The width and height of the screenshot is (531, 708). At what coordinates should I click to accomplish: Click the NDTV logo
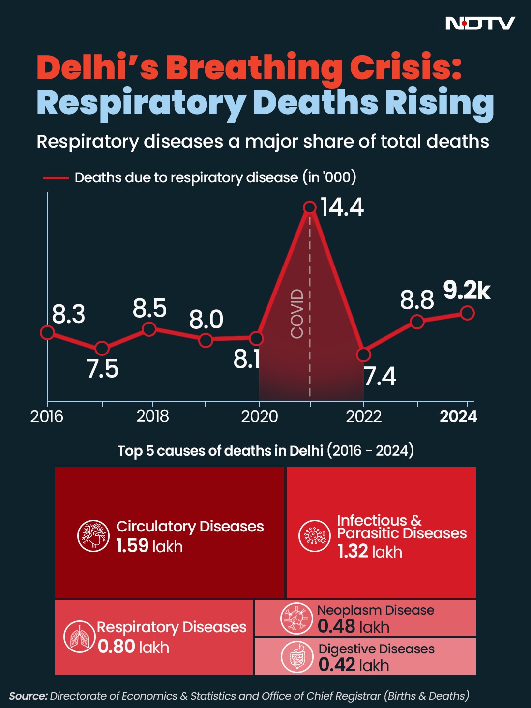[x=480, y=23]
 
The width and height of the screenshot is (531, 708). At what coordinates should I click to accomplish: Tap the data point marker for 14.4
[x=310, y=207]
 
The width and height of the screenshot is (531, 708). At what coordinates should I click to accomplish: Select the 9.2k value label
[x=467, y=291]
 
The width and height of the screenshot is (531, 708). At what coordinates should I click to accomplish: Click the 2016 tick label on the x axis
[x=47, y=416]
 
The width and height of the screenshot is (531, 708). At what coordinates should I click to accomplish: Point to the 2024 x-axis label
[x=458, y=416]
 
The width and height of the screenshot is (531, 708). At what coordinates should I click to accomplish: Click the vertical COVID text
[x=297, y=314]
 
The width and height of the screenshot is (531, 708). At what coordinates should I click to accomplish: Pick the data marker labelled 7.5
[x=102, y=349]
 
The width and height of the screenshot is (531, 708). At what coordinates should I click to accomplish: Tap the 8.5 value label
[x=149, y=309]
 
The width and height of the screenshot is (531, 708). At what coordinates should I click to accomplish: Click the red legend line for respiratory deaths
[x=56, y=177]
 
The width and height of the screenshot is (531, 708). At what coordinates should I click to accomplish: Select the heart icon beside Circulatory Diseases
[x=93, y=535]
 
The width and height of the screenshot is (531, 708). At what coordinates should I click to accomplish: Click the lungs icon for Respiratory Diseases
[x=80, y=637]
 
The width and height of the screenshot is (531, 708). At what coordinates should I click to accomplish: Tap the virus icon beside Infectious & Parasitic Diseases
[x=315, y=535]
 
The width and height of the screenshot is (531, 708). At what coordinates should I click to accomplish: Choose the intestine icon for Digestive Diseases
[x=297, y=656]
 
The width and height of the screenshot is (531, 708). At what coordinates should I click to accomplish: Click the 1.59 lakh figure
[x=149, y=546]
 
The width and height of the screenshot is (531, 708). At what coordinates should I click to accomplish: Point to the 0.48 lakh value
[x=354, y=627]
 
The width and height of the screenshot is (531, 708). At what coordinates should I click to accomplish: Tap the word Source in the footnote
[x=28, y=696]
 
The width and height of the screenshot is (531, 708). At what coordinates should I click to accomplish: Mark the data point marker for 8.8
[x=417, y=322]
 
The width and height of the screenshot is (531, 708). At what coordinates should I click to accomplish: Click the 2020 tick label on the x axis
[x=259, y=416]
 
